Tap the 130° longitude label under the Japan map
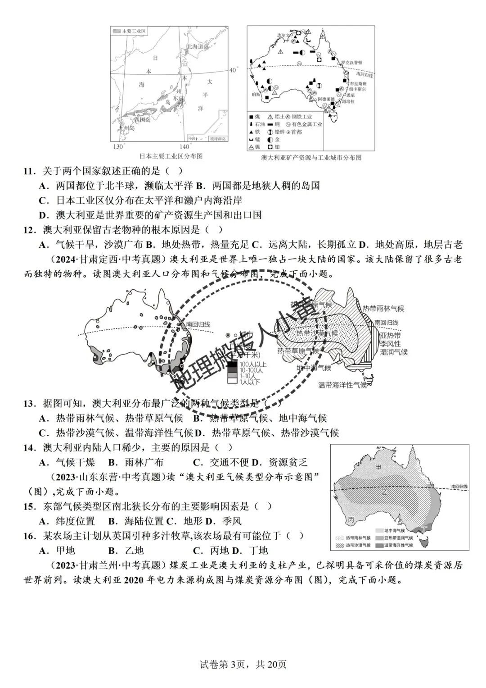pyautogui.click(x=117, y=147)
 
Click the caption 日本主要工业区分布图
pyautogui.click(x=171, y=156)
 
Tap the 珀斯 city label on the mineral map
pyautogui.click(x=256, y=94)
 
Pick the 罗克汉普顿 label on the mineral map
pyautogui.click(x=351, y=63)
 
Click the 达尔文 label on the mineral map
pyautogui.click(x=283, y=35)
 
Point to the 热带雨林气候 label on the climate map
pyautogui.click(x=383, y=309)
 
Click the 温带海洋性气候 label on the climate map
pyautogui.click(x=342, y=385)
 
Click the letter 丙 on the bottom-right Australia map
pyautogui.click(x=351, y=519)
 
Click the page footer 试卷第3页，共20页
pyautogui.click(x=243, y=664)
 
